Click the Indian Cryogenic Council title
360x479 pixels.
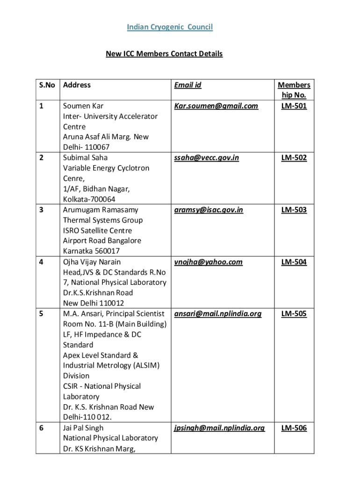coord(170,27)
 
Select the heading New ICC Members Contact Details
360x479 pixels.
coord(164,54)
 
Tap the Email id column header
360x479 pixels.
coord(187,85)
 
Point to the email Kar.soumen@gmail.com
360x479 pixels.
coord(216,106)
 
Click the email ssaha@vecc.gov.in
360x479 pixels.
coord(206,158)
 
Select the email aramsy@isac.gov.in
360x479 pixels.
coord(209,210)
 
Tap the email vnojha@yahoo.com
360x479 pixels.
coord(208,262)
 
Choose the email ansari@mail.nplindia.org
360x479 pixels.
coord(218,313)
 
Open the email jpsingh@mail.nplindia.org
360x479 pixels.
coord(219,428)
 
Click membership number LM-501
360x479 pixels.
coord(294,106)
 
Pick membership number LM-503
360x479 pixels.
coord(294,210)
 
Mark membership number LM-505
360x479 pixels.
coord(294,313)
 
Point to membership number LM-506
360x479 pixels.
coord(294,428)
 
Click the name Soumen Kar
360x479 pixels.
coord(83,106)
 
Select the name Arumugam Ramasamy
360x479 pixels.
coord(101,210)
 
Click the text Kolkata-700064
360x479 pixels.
coord(89,199)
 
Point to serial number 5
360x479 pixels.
coord(42,313)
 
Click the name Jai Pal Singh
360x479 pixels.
coord(83,428)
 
